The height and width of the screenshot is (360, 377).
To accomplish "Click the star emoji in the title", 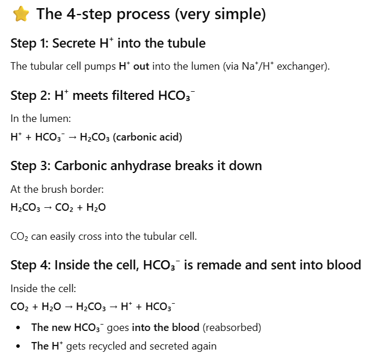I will click(x=21, y=14).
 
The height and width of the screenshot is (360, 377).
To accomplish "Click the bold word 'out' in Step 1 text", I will click(x=142, y=66).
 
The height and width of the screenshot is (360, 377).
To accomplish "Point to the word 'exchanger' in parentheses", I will click(x=304, y=66).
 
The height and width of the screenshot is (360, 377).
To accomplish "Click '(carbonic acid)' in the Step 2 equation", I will click(x=148, y=138).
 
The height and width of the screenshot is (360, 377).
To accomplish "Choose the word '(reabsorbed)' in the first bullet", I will click(x=234, y=327).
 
